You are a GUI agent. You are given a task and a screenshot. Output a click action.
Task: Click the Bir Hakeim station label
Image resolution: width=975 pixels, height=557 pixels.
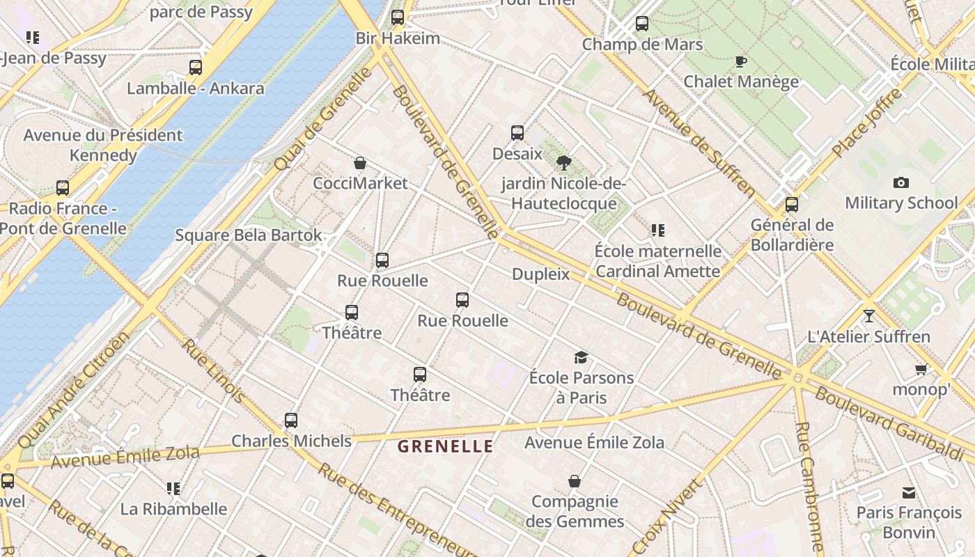398,38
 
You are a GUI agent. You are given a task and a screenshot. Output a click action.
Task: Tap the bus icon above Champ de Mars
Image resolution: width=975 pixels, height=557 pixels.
642,24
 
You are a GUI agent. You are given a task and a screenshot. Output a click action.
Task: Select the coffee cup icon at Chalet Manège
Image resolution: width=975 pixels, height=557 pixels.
741,61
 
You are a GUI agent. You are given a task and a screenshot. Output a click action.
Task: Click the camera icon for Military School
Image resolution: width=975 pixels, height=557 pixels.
901,183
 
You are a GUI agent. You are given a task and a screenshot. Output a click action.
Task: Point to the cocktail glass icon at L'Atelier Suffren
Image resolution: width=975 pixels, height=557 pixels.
868,316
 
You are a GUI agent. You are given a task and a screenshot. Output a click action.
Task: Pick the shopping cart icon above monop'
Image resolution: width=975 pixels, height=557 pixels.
921,370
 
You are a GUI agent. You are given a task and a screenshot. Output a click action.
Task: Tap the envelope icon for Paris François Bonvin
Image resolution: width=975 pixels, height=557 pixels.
909,493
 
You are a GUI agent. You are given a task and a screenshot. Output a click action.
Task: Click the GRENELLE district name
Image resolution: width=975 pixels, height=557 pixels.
445,447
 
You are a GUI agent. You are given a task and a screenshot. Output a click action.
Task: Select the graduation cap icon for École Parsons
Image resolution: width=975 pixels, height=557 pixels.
581,358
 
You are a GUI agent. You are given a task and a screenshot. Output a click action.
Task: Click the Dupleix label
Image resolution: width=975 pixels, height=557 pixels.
540,274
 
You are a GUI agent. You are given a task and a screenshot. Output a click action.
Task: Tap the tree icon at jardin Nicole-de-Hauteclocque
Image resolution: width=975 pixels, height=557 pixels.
564,163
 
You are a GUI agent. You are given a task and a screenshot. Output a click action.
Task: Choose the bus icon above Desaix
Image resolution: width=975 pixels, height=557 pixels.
517,133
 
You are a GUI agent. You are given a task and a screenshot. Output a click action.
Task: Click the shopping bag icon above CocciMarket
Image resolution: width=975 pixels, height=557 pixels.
360,164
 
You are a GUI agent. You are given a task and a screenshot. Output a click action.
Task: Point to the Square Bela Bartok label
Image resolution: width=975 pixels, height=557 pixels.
249,235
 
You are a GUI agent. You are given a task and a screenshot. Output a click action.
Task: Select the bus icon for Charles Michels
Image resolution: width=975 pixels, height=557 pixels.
291,421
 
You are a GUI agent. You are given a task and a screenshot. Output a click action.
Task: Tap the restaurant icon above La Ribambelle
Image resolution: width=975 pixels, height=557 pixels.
173,489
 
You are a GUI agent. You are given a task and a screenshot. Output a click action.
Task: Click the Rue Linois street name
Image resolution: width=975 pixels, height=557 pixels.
213,370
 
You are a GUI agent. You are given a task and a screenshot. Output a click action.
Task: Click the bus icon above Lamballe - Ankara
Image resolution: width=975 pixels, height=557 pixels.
196,68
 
